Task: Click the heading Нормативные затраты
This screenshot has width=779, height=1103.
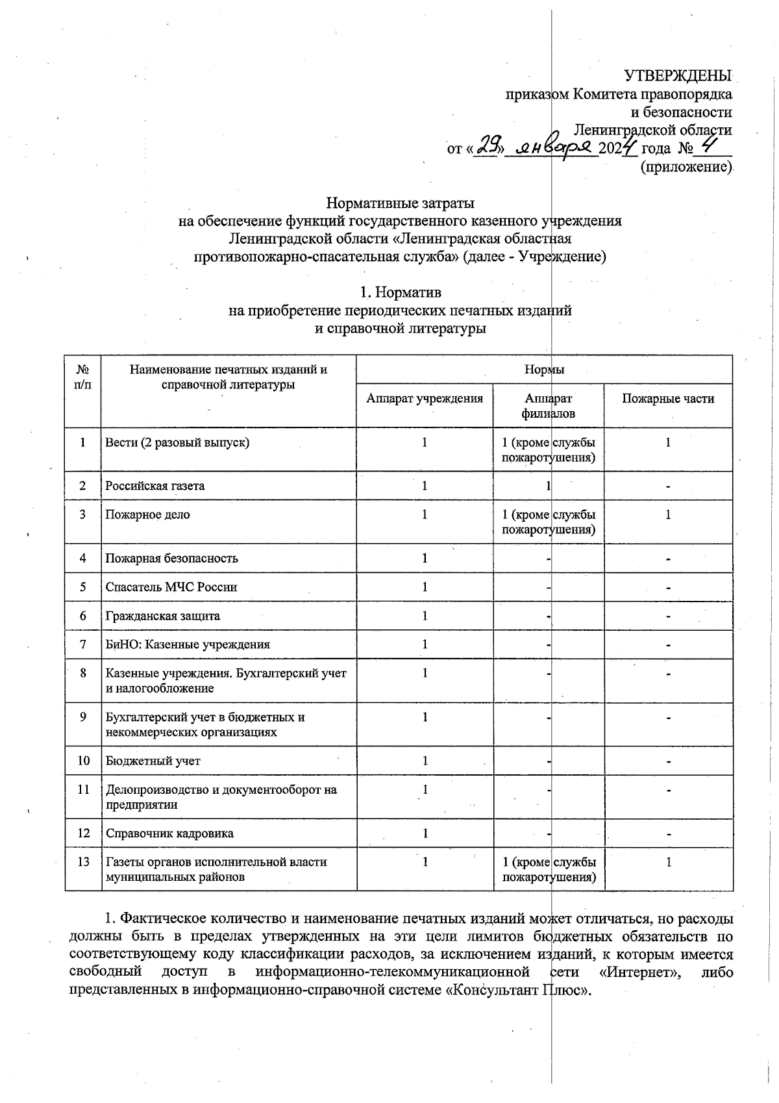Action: pyautogui.click(x=400, y=203)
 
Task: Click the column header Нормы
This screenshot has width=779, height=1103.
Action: pyautogui.click(x=544, y=370)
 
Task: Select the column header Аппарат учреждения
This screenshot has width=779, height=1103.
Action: pyautogui.click(x=424, y=399)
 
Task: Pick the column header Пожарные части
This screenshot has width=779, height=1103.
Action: pyautogui.click(x=667, y=399)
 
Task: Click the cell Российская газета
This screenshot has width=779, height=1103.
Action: pyautogui.click(x=155, y=486)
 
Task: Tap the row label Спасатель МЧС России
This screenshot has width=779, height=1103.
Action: pyautogui.click(x=171, y=587)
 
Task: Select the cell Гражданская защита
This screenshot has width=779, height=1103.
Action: pyautogui.click(x=163, y=616)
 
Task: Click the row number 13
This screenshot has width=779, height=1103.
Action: pyautogui.click(x=83, y=862)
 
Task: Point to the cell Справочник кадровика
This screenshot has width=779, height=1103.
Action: pyautogui.click(x=169, y=833)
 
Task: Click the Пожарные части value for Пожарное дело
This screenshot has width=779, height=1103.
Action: pyautogui.click(x=667, y=515)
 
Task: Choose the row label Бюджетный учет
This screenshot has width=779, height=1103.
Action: pyautogui.click(x=153, y=761)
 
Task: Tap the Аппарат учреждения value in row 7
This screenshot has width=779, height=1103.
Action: pyautogui.click(x=424, y=644)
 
